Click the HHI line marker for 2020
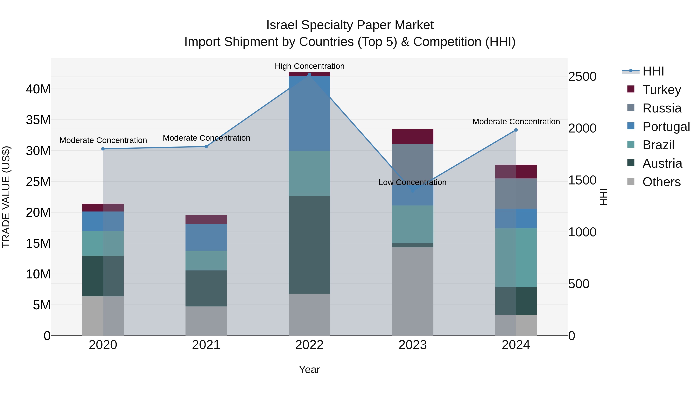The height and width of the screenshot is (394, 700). pos(103,149)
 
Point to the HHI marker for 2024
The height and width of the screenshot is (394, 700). pos(516,130)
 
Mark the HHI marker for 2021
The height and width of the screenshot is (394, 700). pos(206,147)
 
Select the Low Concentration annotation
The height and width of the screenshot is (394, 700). pos(412,182)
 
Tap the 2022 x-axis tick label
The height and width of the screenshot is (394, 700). pos(309,345)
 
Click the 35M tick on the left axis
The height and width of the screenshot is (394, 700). pos(38,120)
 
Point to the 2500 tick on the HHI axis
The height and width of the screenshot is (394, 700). pos(582,76)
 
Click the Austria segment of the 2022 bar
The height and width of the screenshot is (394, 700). pos(309,245)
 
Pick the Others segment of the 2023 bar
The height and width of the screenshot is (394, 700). pos(412,291)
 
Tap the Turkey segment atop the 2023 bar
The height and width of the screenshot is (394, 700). pos(412,137)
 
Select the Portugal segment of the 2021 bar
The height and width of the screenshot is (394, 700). pos(206,237)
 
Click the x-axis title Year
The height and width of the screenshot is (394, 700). pos(309,369)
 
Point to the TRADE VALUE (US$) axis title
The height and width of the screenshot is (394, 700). pos(6,197)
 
